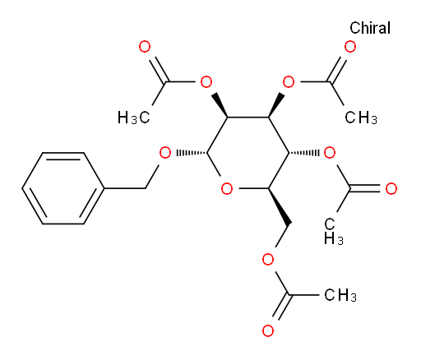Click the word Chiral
click(x=370, y=28)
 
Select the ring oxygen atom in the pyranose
click(x=227, y=189)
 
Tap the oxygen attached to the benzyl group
click(x=165, y=153)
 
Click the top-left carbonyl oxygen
click(x=145, y=47)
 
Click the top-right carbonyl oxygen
click(x=350, y=47)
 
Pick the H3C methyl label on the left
click(x=134, y=118)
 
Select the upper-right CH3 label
click(x=361, y=118)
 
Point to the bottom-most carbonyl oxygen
click(x=268, y=331)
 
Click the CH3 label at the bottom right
click(x=340, y=295)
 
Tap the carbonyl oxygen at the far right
click(x=391, y=189)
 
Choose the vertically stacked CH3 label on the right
click(x=333, y=232)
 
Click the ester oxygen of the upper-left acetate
click(x=206, y=82)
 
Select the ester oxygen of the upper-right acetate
click(x=289, y=82)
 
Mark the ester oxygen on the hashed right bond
click(x=330, y=153)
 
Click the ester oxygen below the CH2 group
click(x=268, y=260)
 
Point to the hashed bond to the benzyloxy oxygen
click(x=192, y=153)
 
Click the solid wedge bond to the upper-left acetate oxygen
click(x=220, y=105)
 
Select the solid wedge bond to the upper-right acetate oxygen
click(x=276, y=105)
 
